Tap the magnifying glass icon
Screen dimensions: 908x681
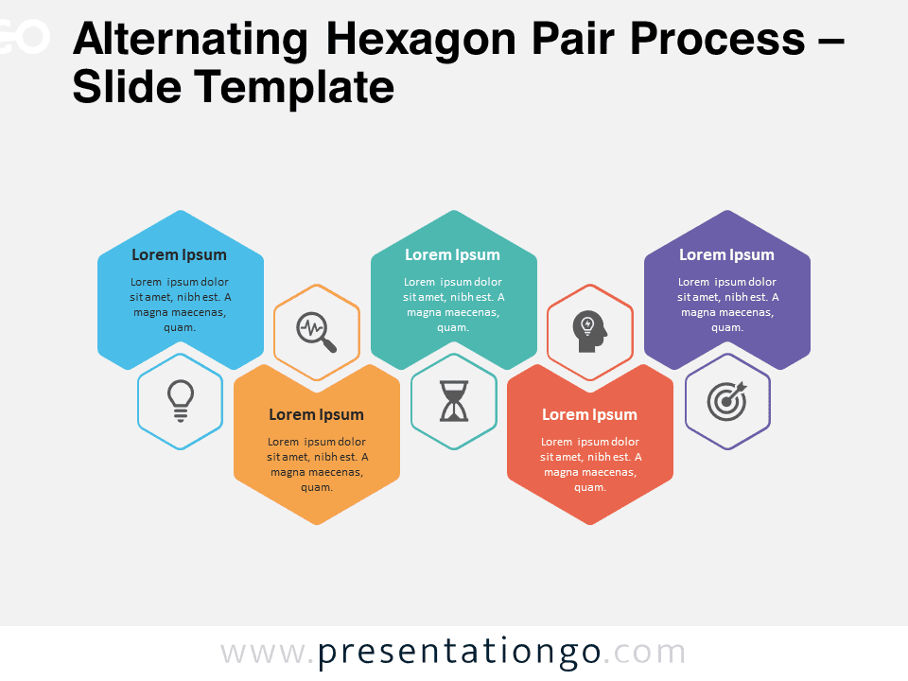click(x=316, y=332)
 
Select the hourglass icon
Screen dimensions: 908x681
click(x=454, y=401)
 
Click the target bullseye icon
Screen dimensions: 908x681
click(x=727, y=401)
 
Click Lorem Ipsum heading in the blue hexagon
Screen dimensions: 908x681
click(x=179, y=254)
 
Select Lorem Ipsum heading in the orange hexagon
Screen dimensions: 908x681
click(x=316, y=414)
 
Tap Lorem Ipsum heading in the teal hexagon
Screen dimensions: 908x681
click(x=452, y=254)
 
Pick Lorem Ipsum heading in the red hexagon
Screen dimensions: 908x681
click(x=589, y=414)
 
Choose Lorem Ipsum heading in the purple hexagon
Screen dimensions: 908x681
click(x=726, y=254)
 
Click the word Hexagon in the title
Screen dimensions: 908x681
click(x=421, y=41)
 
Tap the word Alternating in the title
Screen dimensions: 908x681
click(x=190, y=41)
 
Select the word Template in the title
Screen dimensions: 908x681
click(x=293, y=87)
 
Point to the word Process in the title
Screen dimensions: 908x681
click(x=718, y=40)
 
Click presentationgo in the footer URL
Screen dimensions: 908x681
click(x=460, y=653)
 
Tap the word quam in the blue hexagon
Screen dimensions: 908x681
click(x=180, y=328)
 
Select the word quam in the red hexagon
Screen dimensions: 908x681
click(x=590, y=488)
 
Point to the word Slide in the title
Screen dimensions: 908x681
click(x=128, y=86)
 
